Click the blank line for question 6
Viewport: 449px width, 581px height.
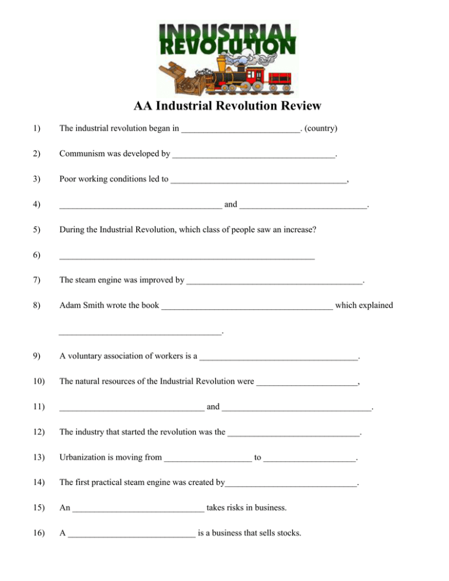(x=187, y=258)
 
